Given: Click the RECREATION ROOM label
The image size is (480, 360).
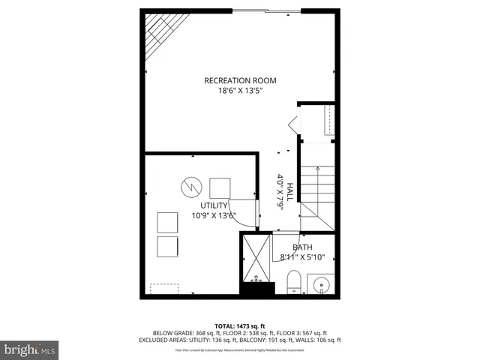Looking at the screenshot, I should pyautogui.click(x=240, y=80).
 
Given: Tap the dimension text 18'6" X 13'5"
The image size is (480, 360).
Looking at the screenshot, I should pyautogui.click(x=240, y=91).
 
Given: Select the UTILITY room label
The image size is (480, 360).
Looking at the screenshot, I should pyautogui.click(x=214, y=205).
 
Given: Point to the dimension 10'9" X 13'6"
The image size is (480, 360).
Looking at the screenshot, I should pyautogui.click(x=214, y=215).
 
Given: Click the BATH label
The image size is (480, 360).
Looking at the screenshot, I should pyautogui.click(x=302, y=247).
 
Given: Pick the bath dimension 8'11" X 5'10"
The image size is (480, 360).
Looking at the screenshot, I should pyautogui.click(x=302, y=257).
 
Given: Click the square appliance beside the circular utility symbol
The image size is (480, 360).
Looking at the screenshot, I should pyautogui.click(x=220, y=187).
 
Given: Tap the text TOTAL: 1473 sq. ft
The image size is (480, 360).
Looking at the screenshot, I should pyautogui.click(x=240, y=326).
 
